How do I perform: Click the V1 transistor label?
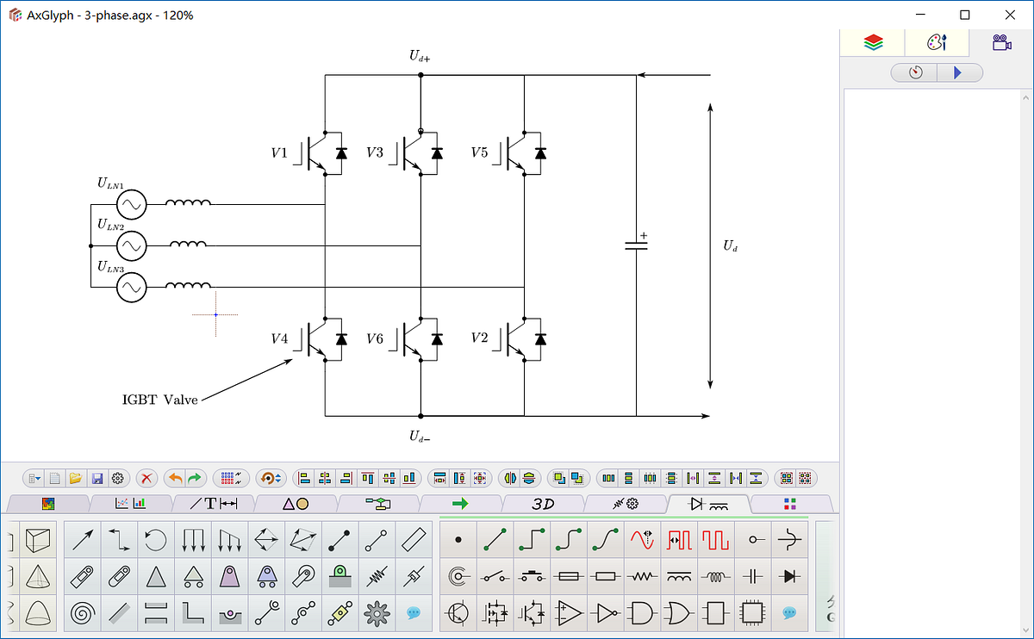click(x=278, y=153)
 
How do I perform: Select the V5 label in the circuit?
click(x=479, y=153)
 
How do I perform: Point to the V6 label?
click(x=374, y=339)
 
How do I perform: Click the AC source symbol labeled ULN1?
click(x=132, y=205)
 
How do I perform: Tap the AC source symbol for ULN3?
click(x=132, y=287)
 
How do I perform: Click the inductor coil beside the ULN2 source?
click(x=188, y=245)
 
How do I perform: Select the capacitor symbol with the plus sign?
click(x=636, y=245)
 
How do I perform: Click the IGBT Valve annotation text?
click(x=160, y=400)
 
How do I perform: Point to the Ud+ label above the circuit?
click(x=420, y=57)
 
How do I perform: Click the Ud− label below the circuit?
click(x=420, y=437)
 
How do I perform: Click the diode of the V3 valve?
click(x=437, y=153)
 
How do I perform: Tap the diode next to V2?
click(x=540, y=339)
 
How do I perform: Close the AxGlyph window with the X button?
click(x=1010, y=15)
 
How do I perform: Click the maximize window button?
click(x=965, y=15)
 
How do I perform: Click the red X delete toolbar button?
click(x=147, y=478)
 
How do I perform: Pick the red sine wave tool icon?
click(x=643, y=540)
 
